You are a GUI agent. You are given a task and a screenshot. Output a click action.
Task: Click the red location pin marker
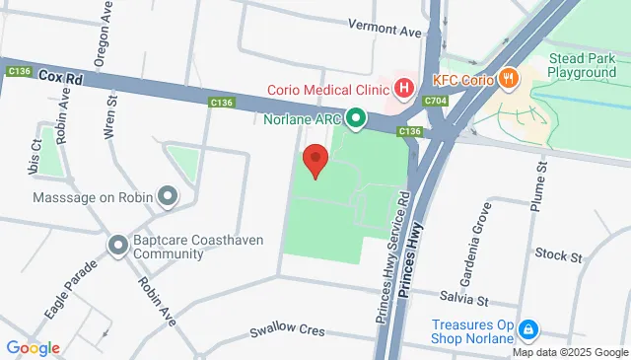(x=315, y=161)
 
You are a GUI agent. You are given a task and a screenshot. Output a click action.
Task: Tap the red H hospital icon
(x=403, y=89)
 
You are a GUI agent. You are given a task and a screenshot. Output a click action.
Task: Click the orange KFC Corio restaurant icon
(x=509, y=78)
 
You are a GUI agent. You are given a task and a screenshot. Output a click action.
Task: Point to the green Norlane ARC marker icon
(x=355, y=120)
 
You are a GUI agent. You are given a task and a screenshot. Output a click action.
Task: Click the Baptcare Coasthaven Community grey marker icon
(x=118, y=244)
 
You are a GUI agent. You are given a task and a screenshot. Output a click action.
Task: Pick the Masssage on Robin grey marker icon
(x=168, y=196)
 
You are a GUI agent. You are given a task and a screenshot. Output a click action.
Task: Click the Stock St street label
(x=558, y=254)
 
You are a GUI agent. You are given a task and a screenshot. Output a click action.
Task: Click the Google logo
(x=33, y=347)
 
